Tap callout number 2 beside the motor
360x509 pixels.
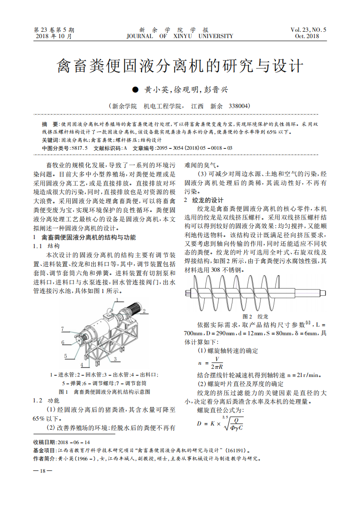[144, 312]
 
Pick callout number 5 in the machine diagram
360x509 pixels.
[65, 356]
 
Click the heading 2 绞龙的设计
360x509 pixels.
[204, 200]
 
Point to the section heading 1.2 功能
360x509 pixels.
[47, 401]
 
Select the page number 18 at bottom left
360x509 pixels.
[43, 471]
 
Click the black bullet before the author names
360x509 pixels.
[134, 90]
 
